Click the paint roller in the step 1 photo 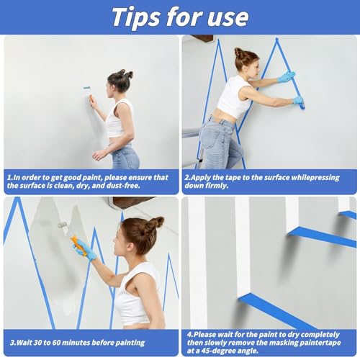87,90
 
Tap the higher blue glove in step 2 287,76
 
